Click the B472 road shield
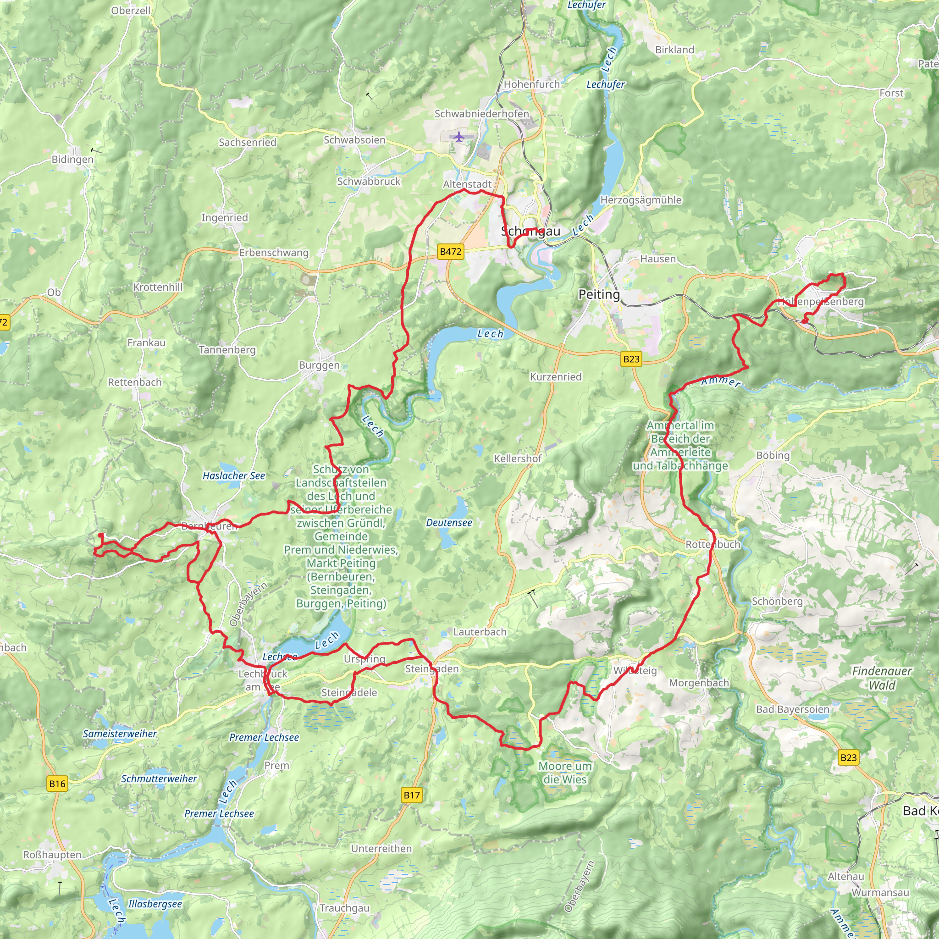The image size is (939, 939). (x=450, y=252)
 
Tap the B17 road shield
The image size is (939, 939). (x=412, y=795)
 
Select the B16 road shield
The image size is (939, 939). (x=57, y=784)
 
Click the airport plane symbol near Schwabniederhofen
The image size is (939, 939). (x=459, y=137)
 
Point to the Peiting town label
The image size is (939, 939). (x=599, y=294)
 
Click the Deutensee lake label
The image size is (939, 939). (x=449, y=523)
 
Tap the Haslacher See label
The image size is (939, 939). (x=234, y=476)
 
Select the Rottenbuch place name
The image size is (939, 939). (x=713, y=544)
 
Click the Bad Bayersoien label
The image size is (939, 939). (x=792, y=710)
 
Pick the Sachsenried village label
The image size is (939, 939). (x=248, y=143)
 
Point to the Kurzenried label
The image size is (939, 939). (x=556, y=377)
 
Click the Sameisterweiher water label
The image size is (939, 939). (x=120, y=734)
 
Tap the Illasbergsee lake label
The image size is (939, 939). (x=155, y=904)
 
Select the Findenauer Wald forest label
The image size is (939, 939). (x=882, y=678)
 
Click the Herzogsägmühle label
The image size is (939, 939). (x=641, y=200)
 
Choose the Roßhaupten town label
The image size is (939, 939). (x=52, y=855)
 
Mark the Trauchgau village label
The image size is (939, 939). (x=345, y=908)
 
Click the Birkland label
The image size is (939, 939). (x=674, y=50)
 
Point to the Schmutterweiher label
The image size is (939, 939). (x=159, y=779)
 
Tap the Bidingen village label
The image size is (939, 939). (x=72, y=160)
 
